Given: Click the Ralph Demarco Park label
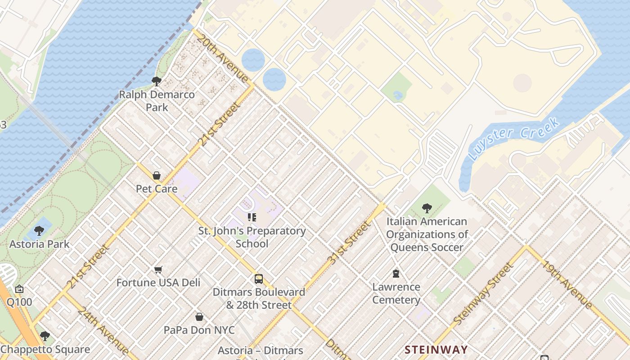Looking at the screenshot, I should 157,101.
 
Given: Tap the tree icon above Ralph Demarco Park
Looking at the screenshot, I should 157,81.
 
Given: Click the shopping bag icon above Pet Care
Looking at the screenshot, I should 157,175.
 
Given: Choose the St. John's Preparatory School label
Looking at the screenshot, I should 252,237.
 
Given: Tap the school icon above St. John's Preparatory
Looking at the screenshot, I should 252,218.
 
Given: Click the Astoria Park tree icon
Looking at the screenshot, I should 39,231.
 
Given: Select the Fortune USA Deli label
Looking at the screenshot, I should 158,283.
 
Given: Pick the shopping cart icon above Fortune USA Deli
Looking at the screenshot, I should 158,270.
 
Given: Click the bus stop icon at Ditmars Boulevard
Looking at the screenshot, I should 259,279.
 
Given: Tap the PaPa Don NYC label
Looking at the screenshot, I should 199,330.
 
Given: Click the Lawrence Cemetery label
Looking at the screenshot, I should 396,293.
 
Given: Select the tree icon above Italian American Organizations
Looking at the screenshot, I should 427,208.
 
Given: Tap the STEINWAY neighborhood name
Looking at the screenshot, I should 436,350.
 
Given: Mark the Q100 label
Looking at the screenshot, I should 19,301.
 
